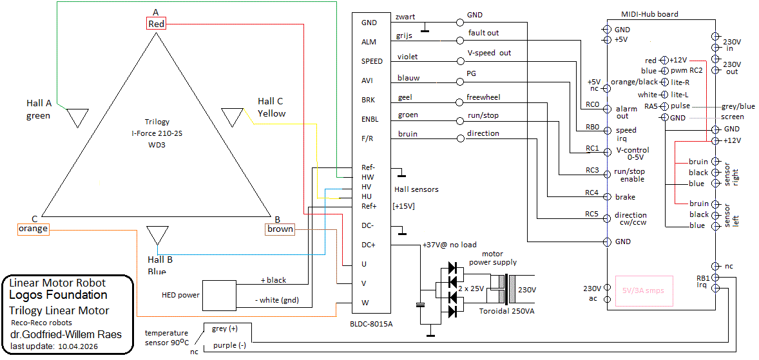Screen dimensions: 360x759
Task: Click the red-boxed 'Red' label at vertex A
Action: coord(157,24)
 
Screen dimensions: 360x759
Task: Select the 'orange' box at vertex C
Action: coord(33,229)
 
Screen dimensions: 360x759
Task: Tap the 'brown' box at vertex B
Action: coord(280,229)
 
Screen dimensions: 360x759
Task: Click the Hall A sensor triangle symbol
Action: coord(78,117)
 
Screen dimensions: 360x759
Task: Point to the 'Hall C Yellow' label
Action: coord(271,108)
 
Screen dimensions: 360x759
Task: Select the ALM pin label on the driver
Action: coord(370,42)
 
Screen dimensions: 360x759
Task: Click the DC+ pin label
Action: coord(369,245)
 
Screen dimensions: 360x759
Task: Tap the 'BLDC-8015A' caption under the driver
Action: coord(373,324)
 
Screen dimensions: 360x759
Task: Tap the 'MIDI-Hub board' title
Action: coord(649,14)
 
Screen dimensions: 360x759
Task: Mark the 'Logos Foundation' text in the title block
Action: coord(58,295)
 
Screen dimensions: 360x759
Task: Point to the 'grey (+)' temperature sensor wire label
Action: coord(224,328)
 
